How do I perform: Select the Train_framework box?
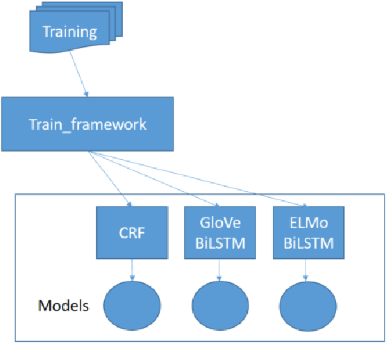(87, 125)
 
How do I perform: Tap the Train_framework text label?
(87, 125)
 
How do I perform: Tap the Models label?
(62, 306)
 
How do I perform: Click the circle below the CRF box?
(132, 305)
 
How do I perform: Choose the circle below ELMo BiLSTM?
(307, 305)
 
